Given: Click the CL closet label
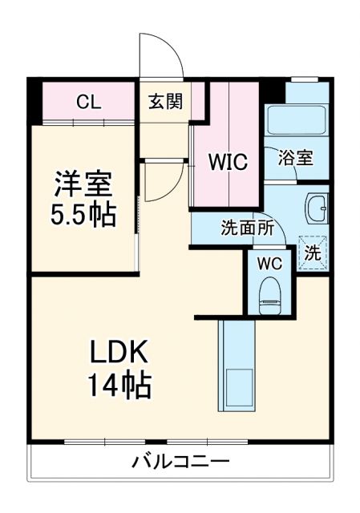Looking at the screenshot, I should (x=88, y=102).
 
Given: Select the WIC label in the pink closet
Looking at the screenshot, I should (x=229, y=161).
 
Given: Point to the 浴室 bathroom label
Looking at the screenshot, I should (x=295, y=159).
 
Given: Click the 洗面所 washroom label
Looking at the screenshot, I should (x=248, y=228).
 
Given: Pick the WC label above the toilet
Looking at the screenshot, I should (x=269, y=262).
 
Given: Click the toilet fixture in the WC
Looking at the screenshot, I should (x=269, y=294).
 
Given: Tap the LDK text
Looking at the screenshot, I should (x=119, y=353).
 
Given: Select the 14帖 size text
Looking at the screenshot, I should (x=119, y=386).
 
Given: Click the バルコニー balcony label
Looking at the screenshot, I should (x=180, y=463).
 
